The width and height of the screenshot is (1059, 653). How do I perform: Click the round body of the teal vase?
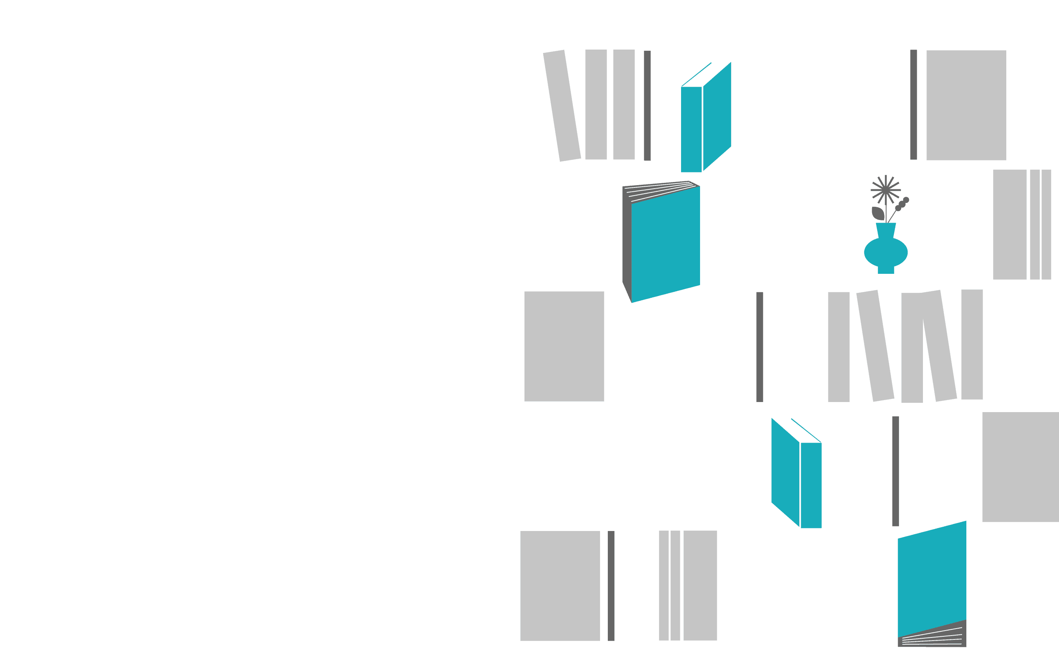(x=886, y=252)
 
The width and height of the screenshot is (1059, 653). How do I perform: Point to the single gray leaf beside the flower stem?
(x=878, y=213)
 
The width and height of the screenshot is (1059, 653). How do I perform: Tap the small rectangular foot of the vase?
(x=886, y=270)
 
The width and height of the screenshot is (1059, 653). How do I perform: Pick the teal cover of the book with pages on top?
(x=666, y=244)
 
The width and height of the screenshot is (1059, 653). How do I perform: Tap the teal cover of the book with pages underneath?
(x=931, y=579)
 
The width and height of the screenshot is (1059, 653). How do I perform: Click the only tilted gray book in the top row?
(x=562, y=106)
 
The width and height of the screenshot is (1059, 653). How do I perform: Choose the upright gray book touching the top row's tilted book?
(x=596, y=105)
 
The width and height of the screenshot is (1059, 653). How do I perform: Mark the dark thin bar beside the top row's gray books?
(x=647, y=105)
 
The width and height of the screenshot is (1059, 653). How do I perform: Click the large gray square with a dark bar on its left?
(x=966, y=105)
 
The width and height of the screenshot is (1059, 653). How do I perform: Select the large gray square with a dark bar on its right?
(x=560, y=586)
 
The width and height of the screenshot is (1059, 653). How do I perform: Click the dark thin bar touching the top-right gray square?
(x=913, y=105)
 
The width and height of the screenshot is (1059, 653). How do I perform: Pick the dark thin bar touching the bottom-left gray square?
(x=611, y=586)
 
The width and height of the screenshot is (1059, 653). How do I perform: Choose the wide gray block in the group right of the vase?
(x=1009, y=225)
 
